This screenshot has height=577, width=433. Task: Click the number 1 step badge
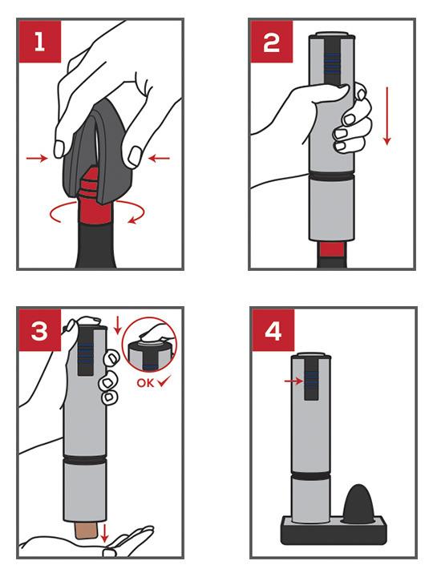(x=38, y=41)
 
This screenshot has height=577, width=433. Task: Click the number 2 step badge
(x=272, y=41)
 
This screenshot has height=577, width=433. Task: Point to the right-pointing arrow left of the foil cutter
(x=36, y=159)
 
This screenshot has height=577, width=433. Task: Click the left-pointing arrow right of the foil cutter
(x=160, y=159)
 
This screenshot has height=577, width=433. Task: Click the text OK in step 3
(x=144, y=382)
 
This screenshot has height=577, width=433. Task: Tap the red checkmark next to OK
(x=164, y=381)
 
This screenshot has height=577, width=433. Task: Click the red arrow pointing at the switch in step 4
(x=294, y=381)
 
